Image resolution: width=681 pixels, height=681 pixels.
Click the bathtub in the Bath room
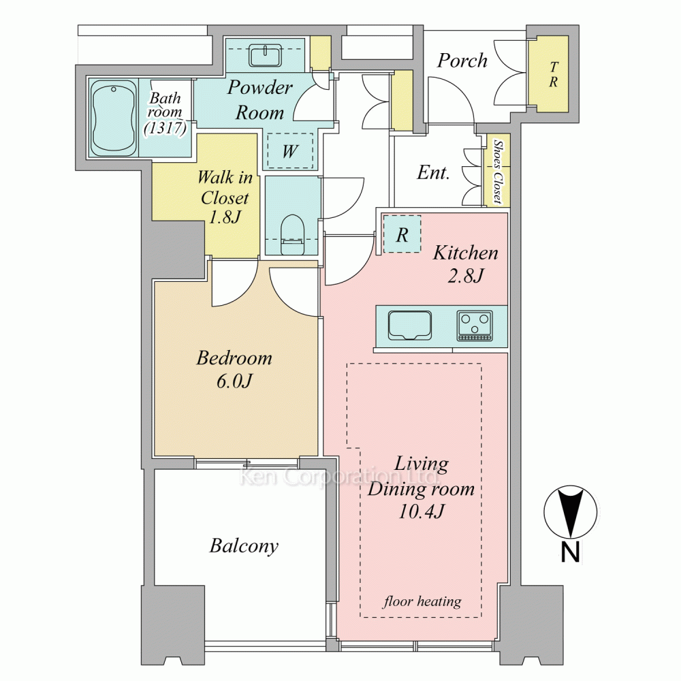(114, 118)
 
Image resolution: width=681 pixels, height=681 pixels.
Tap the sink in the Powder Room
(265, 56)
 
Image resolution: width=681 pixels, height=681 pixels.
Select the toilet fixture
(292, 234)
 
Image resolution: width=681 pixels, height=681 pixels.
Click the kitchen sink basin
(410, 325)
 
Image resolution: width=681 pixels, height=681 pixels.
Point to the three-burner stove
(475, 325)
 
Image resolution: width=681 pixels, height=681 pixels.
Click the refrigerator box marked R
(402, 234)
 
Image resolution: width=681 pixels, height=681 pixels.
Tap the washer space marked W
(290, 151)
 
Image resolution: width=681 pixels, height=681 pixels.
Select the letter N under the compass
(570, 552)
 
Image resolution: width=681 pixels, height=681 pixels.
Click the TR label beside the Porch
(553, 74)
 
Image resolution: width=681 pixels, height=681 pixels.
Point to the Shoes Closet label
(498, 172)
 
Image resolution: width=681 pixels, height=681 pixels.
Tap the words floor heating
(422, 601)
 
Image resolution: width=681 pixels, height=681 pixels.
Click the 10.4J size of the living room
(422, 511)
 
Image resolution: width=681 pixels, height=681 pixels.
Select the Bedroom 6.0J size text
(234, 381)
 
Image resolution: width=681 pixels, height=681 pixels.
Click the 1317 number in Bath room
(165, 128)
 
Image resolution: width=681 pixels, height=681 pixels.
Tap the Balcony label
(244, 546)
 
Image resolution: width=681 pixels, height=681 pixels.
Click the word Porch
(462, 61)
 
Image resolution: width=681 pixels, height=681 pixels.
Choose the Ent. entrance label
(433, 172)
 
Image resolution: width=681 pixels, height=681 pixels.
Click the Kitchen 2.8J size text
(466, 275)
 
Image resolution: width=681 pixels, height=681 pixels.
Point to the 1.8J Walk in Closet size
(225, 217)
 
